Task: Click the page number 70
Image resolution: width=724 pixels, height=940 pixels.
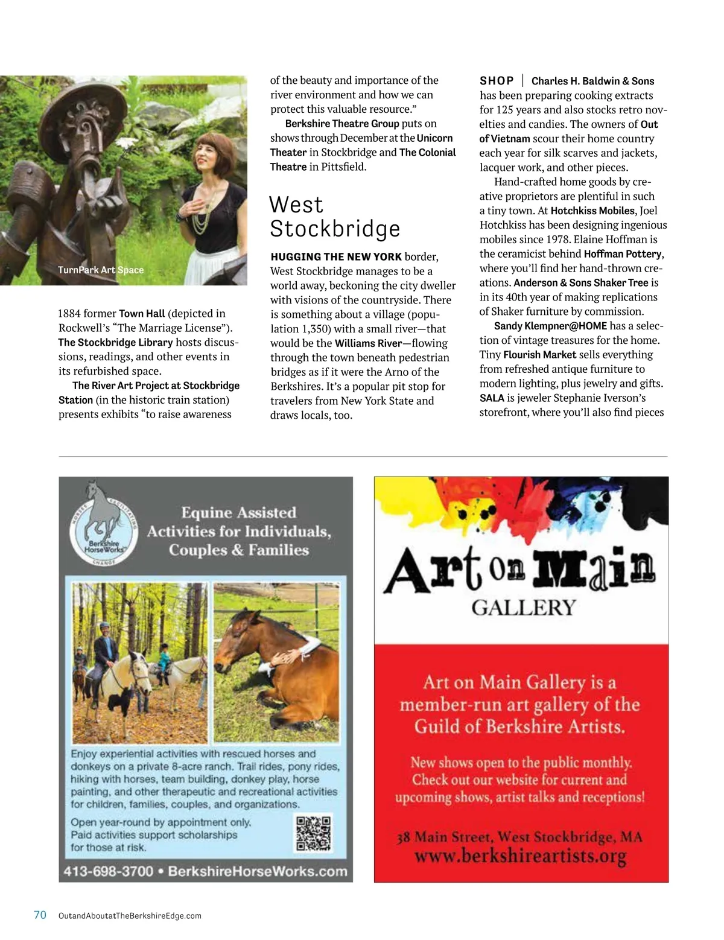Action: point(40,915)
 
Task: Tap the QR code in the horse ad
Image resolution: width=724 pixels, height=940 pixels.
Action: point(313,833)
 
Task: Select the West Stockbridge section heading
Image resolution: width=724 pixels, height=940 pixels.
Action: point(334,217)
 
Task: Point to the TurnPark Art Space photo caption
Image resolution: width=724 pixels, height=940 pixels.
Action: point(101,270)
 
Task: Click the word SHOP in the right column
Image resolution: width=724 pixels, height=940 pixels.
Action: point(497,81)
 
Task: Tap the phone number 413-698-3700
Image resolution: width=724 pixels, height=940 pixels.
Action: point(108,871)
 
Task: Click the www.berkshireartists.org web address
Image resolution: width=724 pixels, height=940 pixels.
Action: point(520,856)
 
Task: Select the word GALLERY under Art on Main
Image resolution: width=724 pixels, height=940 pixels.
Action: point(524,608)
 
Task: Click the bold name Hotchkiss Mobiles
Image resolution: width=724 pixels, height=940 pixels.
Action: point(592,211)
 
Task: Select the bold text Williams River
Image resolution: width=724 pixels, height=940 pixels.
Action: point(368,343)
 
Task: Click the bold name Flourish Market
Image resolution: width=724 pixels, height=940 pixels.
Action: point(539,355)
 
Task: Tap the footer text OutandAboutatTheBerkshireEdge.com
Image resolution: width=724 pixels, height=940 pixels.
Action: point(130,916)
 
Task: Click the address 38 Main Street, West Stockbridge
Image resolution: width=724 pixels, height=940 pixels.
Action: point(519,837)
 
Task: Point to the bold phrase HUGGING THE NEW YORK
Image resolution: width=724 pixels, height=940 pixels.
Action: point(336,256)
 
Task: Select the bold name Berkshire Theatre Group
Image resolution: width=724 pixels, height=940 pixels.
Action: point(342,124)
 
